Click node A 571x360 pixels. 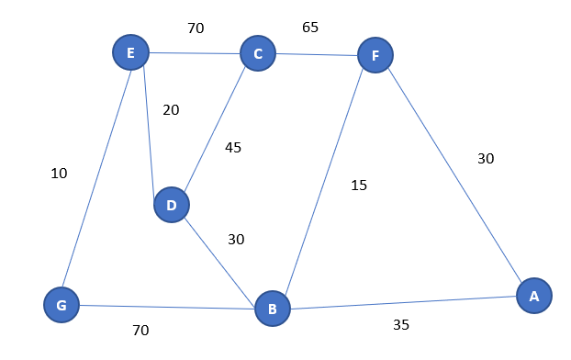533,295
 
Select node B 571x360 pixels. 272,308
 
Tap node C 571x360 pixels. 258,53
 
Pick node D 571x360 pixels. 171,205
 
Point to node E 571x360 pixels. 130,52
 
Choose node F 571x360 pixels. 375,56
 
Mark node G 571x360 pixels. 62,305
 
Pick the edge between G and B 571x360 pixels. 165,306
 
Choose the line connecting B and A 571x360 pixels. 404,301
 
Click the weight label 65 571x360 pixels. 310,28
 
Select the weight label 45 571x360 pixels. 233,147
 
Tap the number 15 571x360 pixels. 358,186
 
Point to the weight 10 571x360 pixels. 59,173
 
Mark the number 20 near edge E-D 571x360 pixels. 171,110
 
